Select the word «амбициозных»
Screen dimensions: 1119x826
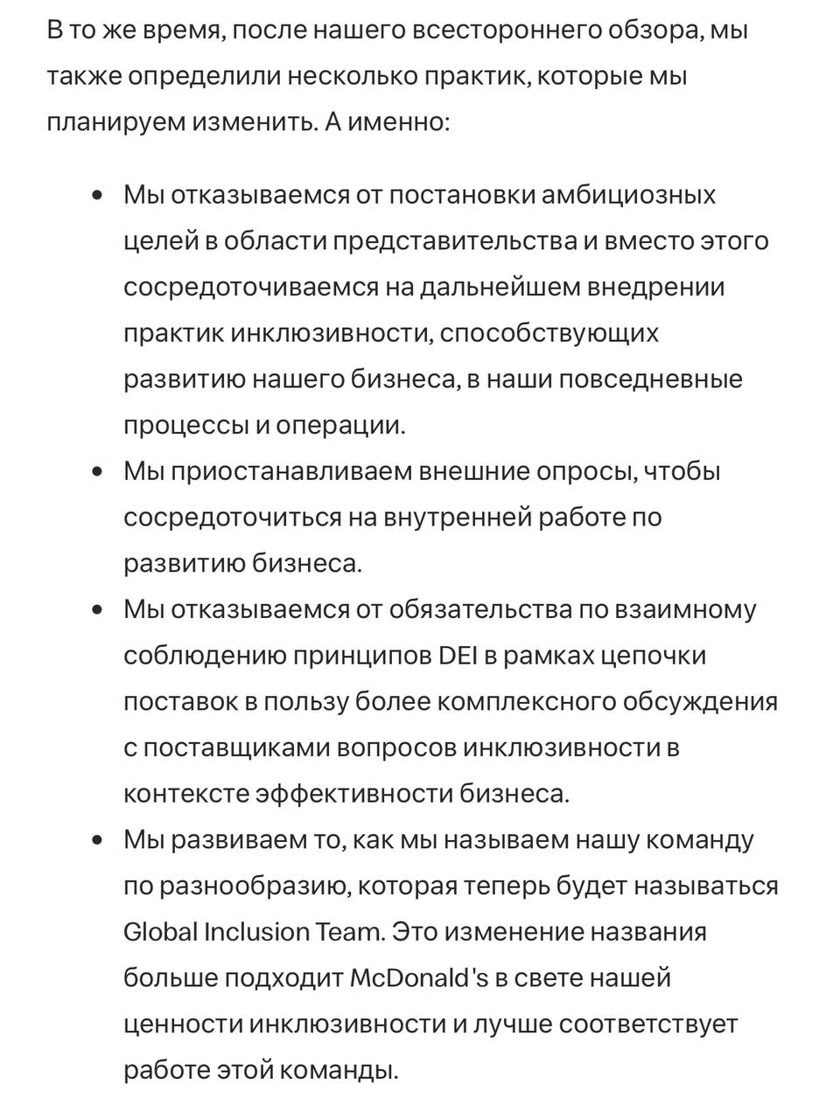(x=628, y=195)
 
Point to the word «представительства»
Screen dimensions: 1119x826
(x=454, y=241)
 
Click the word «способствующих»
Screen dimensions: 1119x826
(x=549, y=333)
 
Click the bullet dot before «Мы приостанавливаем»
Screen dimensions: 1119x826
(x=97, y=472)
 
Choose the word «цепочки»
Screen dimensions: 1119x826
(x=653, y=656)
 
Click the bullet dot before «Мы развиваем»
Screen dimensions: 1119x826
(x=97, y=840)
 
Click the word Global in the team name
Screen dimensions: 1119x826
(x=160, y=932)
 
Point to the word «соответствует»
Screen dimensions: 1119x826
(x=648, y=1024)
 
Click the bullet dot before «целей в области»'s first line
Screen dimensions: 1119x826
(x=97, y=195)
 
